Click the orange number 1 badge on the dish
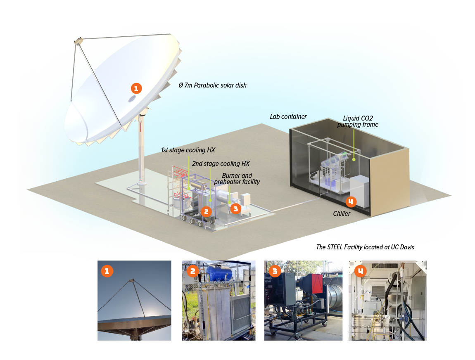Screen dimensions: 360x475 (136, 88)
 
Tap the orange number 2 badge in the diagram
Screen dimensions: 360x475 (206, 212)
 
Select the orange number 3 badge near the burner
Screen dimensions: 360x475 (235, 208)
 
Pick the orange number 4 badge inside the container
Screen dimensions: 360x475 (350, 202)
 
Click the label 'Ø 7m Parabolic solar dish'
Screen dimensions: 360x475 (212, 85)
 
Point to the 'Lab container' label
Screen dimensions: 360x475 (288, 117)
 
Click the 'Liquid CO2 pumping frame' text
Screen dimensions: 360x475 (358, 121)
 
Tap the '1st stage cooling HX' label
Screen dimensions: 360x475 (188, 150)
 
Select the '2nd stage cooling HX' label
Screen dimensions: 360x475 (221, 164)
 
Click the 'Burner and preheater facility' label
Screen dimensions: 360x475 (237, 179)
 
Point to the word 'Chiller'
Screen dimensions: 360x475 (342, 214)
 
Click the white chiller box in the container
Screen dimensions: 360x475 (359, 191)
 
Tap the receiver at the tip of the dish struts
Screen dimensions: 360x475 (78, 41)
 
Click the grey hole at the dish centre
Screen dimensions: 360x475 (132, 99)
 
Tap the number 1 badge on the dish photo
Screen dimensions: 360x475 (107, 271)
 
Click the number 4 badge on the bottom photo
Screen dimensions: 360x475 (360, 271)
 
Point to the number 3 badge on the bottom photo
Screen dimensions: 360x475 (275, 271)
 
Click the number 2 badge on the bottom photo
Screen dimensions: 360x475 (192, 271)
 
